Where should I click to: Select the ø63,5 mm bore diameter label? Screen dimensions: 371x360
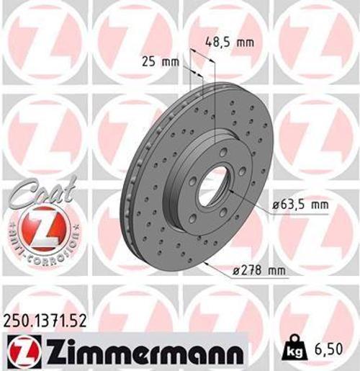tap(300, 205)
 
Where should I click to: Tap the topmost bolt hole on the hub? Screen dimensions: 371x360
tap(224, 152)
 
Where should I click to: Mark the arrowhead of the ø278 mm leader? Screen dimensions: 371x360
tap(205, 263)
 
